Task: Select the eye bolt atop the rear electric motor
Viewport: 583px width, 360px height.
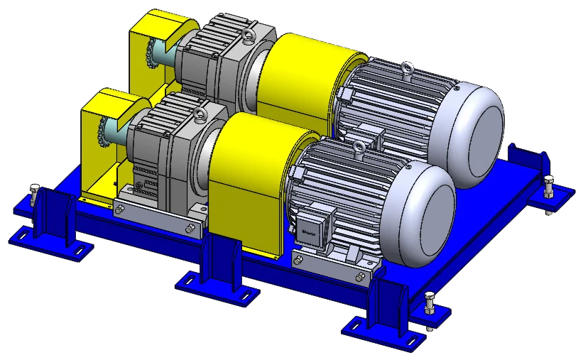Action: (x=406, y=69)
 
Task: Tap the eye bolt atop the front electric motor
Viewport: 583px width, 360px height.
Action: (x=359, y=148)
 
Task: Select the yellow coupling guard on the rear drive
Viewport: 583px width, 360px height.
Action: (x=302, y=71)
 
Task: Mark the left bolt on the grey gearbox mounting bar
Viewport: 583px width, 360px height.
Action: (x=120, y=209)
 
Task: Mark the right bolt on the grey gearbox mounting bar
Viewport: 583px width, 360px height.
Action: (x=190, y=229)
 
